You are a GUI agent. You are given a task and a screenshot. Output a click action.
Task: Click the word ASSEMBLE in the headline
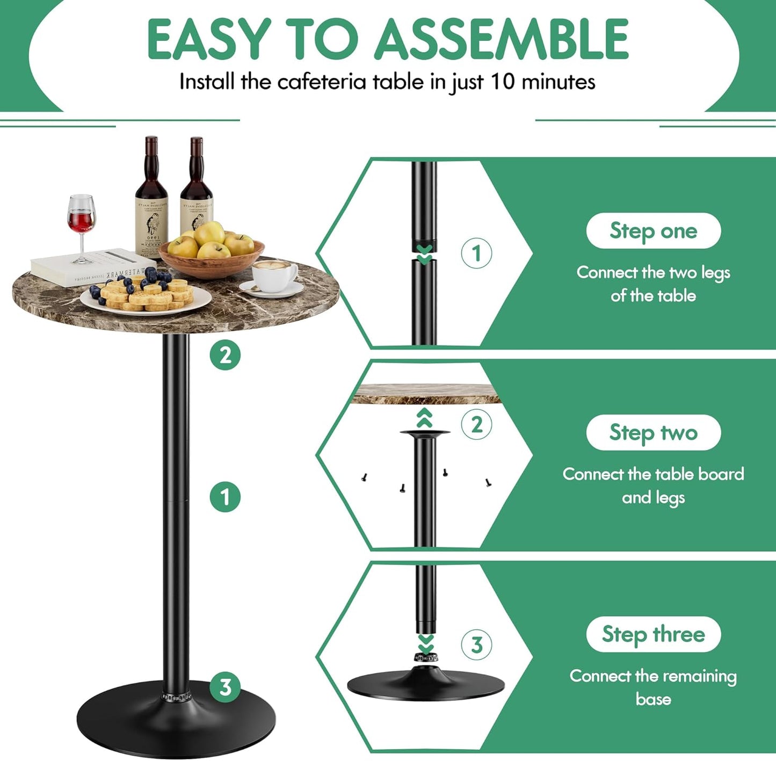(502, 39)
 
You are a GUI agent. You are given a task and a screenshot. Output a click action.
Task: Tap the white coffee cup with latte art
(274, 275)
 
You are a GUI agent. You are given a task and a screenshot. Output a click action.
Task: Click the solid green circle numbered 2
(225, 355)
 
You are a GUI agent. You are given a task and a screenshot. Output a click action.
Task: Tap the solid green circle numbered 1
(225, 497)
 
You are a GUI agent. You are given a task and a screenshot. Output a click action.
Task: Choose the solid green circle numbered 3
(225, 687)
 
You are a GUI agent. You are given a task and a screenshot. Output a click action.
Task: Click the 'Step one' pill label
(653, 231)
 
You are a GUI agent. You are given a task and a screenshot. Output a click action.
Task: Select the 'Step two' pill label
(653, 432)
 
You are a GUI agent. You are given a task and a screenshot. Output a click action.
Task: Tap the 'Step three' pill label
(653, 634)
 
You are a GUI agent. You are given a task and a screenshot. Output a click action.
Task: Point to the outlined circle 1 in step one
(476, 253)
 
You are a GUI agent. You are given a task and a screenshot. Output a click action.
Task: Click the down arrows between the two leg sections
(425, 255)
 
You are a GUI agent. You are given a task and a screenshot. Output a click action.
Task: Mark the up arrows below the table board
(425, 418)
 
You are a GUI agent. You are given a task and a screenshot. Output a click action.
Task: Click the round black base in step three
(426, 684)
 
